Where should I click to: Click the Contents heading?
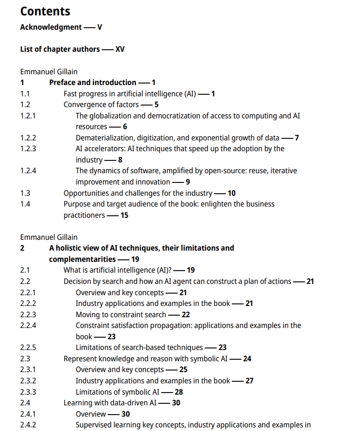tap(45, 11)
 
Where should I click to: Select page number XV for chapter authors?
tap(120, 49)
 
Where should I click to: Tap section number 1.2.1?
tap(28, 116)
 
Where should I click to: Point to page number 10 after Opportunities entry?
tap(232, 193)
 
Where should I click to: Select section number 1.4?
tap(25, 204)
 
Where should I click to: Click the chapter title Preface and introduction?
tap(93, 83)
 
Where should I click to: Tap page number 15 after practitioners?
tap(124, 215)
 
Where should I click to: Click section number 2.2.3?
tap(28, 315)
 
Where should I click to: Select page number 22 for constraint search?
tap(186, 315)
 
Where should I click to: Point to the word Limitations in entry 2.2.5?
tap(95, 347)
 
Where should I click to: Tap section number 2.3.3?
tap(28, 392)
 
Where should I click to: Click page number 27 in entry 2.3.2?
tap(249, 381)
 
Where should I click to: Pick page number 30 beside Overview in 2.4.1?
tap(126, 414)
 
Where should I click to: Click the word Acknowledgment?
tap(51, 27)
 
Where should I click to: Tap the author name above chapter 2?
tap(49, 237)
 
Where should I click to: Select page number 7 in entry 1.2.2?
tap(296, 138)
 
